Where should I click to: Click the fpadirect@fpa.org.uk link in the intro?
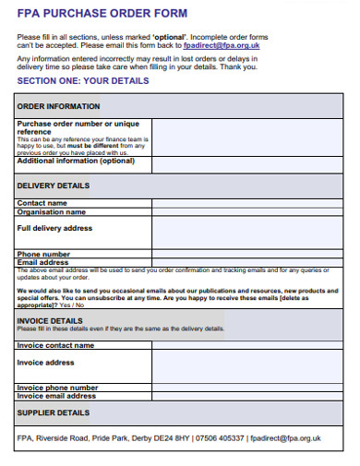tap(222, 44)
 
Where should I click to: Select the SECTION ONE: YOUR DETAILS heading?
tap(81, 81)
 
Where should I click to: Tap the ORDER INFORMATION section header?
tap(59, 106)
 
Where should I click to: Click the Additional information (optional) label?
tap(76, 161)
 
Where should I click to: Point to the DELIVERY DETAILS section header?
tap(54, 185)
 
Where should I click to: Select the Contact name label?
tap(42, 203)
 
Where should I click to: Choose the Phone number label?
tap(43, 254)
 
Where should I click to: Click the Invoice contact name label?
tap(55, 345)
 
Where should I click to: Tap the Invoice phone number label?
tap(57, 388)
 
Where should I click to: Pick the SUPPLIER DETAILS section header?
tap(54, 412)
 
